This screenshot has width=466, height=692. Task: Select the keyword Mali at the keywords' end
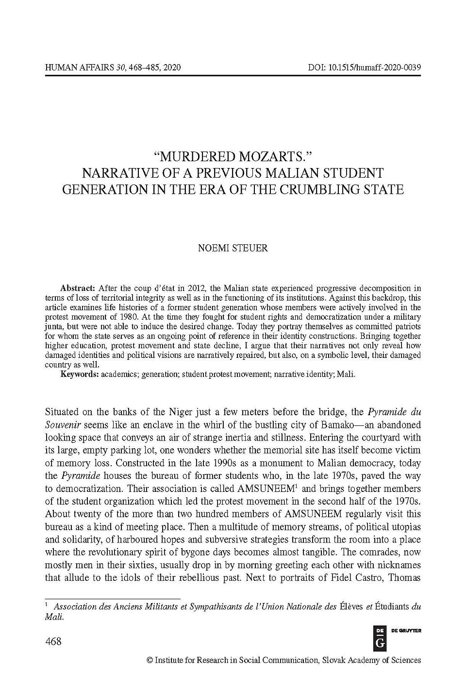(347, 374)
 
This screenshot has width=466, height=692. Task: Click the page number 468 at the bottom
(53, 641)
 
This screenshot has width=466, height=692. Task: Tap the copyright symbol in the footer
(150, 660)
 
